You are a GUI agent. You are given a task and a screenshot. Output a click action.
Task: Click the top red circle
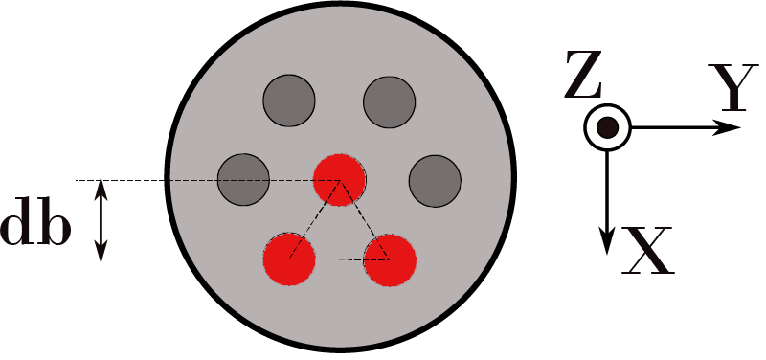pos(340,178)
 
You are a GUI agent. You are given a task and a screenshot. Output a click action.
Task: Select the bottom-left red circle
pos(289,258)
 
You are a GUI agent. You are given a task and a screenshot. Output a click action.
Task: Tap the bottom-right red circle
pos(390,259)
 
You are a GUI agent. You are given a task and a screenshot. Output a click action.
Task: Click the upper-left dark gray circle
pos(289,100)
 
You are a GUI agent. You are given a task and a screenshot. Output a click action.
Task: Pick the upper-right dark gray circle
pos(390,100)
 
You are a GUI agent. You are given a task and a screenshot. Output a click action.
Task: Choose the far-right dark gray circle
pos(436,179)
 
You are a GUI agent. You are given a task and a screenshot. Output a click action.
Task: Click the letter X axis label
pos(648,252)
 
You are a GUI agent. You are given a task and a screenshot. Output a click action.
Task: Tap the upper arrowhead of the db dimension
pos(102,189)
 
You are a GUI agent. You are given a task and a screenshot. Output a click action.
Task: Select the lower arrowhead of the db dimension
pos(102,249)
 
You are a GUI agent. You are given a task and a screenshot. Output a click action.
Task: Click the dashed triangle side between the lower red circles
pos(340,259)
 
